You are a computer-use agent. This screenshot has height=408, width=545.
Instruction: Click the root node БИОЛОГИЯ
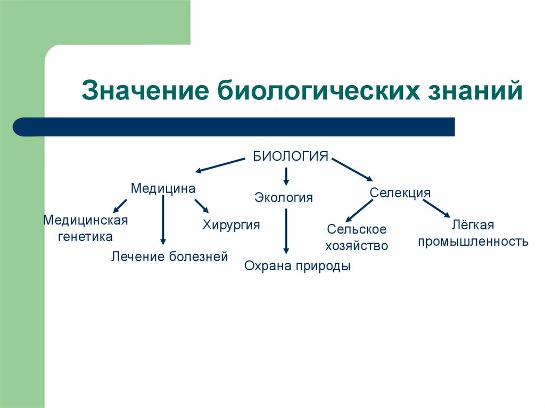[x=290, y=156]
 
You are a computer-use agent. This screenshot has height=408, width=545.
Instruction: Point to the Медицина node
[x=163, y=188]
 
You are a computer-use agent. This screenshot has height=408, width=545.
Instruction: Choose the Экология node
[x=284, y=198]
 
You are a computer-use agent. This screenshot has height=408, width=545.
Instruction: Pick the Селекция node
[x=400, y=193]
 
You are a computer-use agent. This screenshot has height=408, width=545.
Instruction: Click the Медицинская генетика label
[x=86, y=228]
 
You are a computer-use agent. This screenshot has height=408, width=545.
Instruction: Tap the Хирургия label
[x=231, y=224]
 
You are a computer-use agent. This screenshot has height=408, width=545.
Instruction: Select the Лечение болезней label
[x=170, y=257]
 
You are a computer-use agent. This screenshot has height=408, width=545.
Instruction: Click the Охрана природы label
[x=298, y=266]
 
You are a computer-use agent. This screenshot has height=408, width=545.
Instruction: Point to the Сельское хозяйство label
[x=357, y=237]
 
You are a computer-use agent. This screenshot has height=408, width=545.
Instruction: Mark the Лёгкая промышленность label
[x=473, y=233]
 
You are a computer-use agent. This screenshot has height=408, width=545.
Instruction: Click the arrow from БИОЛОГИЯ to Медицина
[x=220, y=165]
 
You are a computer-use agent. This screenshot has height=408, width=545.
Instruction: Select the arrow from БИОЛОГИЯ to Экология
[x=286, y=176]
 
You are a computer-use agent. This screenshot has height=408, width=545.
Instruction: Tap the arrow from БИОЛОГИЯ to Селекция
[x=353, y=168]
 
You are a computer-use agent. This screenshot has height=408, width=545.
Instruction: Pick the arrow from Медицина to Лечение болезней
[x=163, y=221]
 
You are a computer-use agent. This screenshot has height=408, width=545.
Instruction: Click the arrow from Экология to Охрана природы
[x=286, y=231]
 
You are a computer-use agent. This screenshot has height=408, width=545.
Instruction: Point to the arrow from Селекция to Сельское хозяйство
[x=359, y=210]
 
